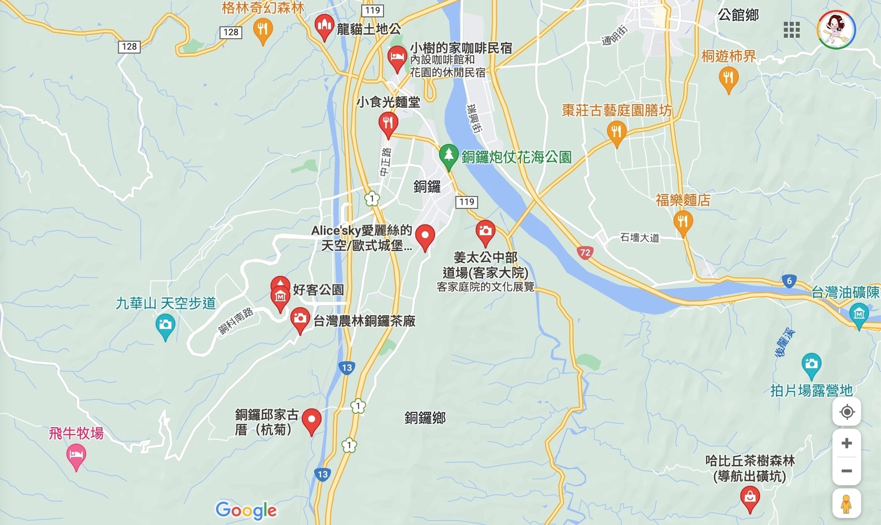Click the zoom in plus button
coord(846,443)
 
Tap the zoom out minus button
coord(846,471)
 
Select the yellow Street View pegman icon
coord(846,504)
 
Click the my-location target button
coord(846,412)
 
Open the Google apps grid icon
coord(791,29)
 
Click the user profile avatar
coord(836,29)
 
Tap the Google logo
coord(246,510)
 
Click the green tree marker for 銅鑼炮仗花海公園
coord(449,156)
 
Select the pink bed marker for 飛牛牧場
coord(76,455)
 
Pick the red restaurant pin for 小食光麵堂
coord(388,123)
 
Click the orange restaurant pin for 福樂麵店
coord(682,222)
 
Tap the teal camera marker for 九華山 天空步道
coord(166,325)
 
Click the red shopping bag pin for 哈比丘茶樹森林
coord(750,499)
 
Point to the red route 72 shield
coord(584,253)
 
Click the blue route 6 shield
coord(789,281)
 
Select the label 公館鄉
coord(738,15)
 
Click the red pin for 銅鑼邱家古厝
coord(311,420)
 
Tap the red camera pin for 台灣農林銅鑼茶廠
coord(300,319)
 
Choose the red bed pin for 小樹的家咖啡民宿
coord(397,58)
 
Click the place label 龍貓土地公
coord(369,29)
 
